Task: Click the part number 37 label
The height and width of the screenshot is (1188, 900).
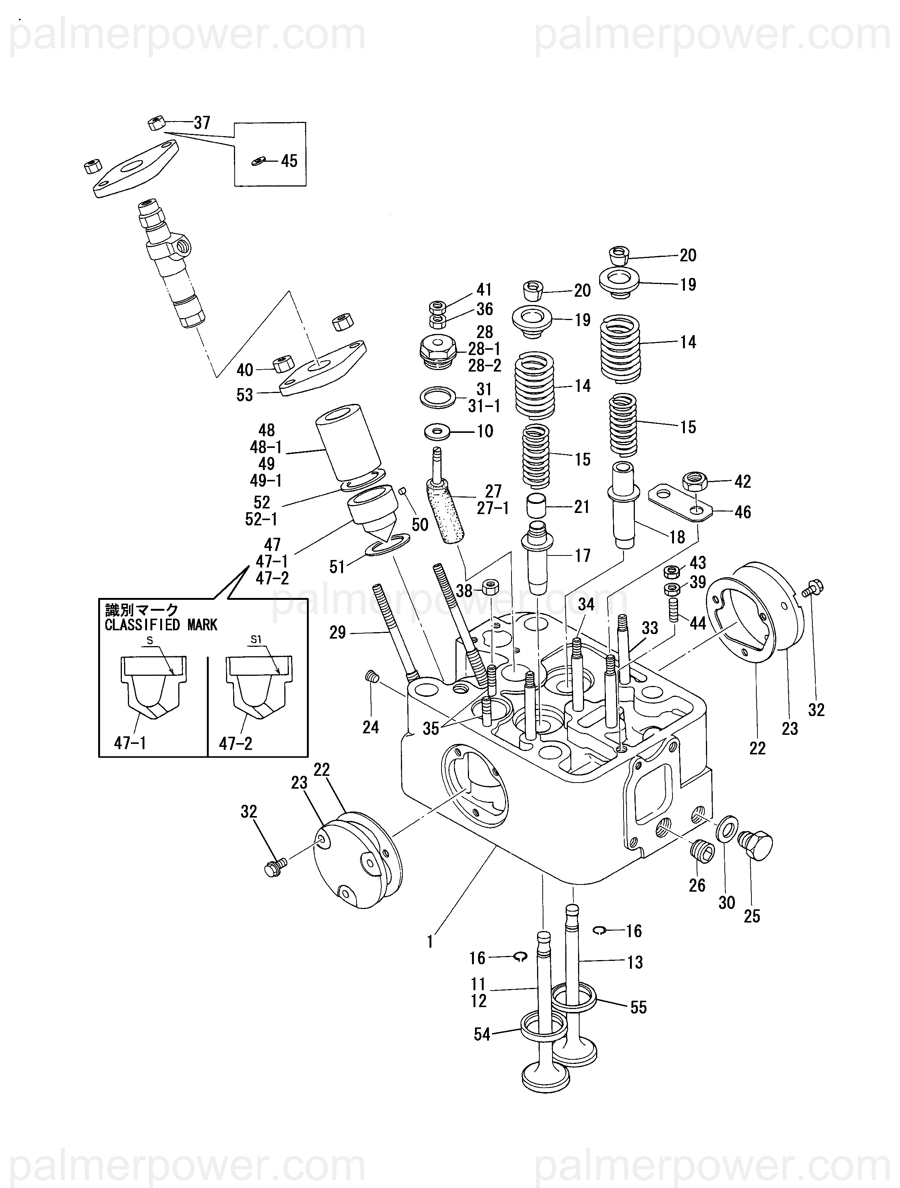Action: click(x=202, y=123)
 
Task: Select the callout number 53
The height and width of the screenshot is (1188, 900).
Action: click(x=244, y=395)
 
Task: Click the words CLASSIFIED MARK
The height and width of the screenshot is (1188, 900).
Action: click(x=161, y=625)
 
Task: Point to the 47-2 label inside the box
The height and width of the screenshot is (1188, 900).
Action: click(x=235, y=743)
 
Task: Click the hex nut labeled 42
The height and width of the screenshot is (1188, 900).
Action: click(x=695, y=479)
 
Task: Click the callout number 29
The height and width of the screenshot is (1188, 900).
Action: click(x=337, y=633)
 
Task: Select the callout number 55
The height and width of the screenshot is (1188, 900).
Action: click(x=638, y=1007)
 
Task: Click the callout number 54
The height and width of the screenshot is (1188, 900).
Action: click(x=482, y=1035)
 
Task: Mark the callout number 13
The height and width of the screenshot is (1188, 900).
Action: click(x=635, y=962)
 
